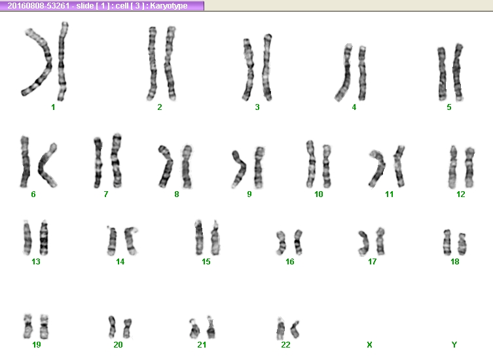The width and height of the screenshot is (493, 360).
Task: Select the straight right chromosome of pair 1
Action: click(x=62, y=62)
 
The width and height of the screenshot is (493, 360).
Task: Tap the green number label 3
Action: click(x=257, y=107)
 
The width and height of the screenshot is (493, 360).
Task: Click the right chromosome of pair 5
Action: click(x=458, y=72)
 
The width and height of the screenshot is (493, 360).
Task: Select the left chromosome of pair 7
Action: click(x=98, y=162)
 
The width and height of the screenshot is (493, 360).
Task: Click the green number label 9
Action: click(x=249, y=194)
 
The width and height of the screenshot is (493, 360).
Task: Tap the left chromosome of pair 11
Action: click(x=379, y=168)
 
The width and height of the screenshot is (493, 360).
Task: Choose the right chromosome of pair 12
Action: click(x=469, y=168)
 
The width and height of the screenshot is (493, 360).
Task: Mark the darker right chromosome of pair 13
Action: click(x=44, y=238)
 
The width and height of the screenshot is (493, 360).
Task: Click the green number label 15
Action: click(x=206, y=262)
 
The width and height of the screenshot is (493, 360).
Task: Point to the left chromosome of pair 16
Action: click(x=281, y=243)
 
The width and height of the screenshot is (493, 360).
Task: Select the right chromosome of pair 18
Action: click(x=462, y=244)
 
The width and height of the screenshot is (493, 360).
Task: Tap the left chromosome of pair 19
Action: click(x=28, y=326)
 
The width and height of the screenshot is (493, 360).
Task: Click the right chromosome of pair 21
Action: click(x=211, y=328)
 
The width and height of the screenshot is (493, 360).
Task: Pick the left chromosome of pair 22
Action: click(x=280, y=329)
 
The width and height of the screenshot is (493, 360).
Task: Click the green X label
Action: click(x=369, y=345)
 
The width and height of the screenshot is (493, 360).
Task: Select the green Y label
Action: click(x=454, y=345)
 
